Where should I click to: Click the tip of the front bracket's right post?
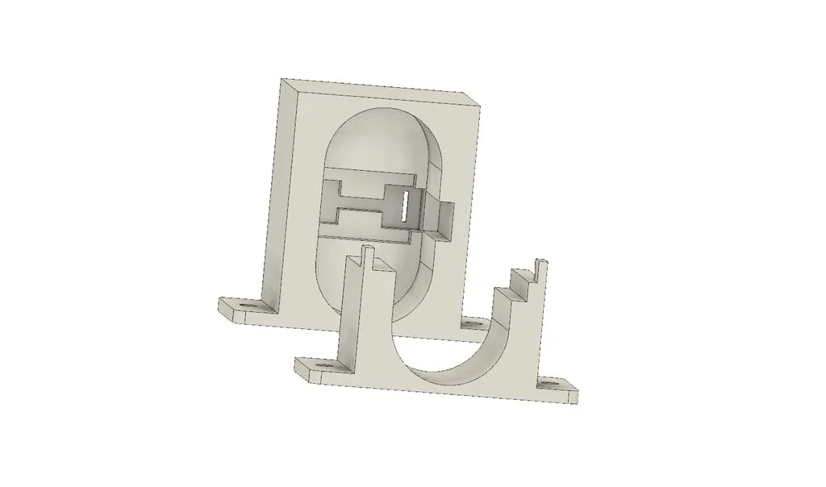(541, 261)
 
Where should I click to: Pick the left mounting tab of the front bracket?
(319, 370)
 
